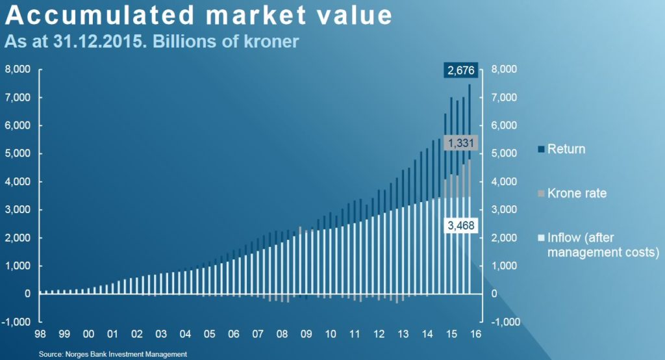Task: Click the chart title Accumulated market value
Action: (x=199, y=16)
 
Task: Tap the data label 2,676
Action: (x=461, y=70)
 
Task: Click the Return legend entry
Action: (x=566, y=149)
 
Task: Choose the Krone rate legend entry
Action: (x=577, y=194)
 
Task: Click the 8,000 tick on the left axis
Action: (x=18, y=70)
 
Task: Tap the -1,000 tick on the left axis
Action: (x=18, y=322)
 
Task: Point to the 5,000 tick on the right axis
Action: (x=505, y=154)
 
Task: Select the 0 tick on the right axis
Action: (x=496, y=294)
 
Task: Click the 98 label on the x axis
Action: (x=40, y=335)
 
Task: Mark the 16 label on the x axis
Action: (x=476, y=335)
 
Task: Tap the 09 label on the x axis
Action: (x=307, y=335)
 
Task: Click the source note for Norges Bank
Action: (x=113, y=354)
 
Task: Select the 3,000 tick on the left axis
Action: (x=18, y=210)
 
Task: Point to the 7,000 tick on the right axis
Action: (x=505, y=97)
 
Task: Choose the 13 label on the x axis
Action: (x=403, y=335)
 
